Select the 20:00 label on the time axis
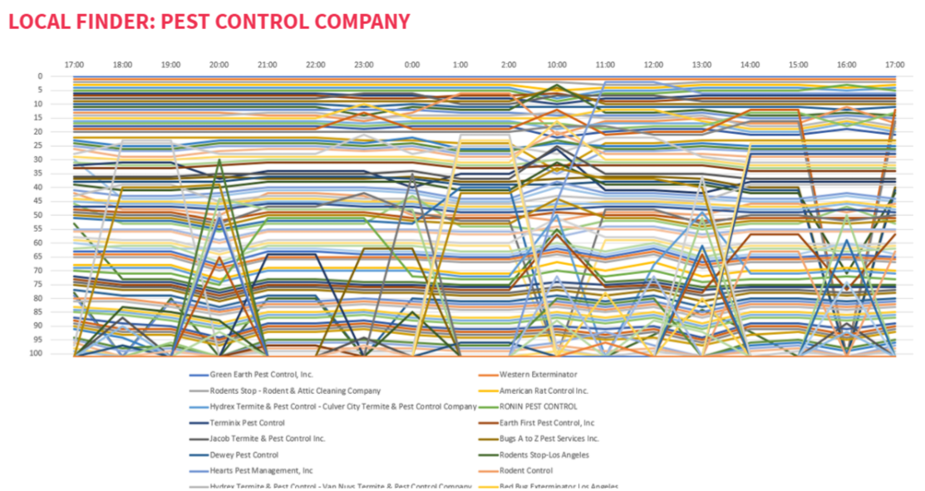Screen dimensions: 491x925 [x=219, y=65]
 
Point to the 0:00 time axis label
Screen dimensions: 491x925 [x=412, y=65]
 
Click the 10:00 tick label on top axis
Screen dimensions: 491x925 [x=557, y=65]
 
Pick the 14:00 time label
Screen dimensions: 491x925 [x=750, y=65]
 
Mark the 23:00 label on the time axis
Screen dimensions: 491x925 [x=364, y=65]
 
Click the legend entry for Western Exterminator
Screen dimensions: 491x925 [x=538, y=375]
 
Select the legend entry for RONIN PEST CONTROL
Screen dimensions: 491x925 [x=538, y=407]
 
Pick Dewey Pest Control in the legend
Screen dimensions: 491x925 [x=244, y=455]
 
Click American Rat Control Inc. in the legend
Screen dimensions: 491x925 [x=544, y=390]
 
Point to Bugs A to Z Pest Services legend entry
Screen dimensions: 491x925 [x=549, y=439]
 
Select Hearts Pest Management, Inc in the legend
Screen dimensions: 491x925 [x=261, y=471]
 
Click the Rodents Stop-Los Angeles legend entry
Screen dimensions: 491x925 [x=545, y=455]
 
